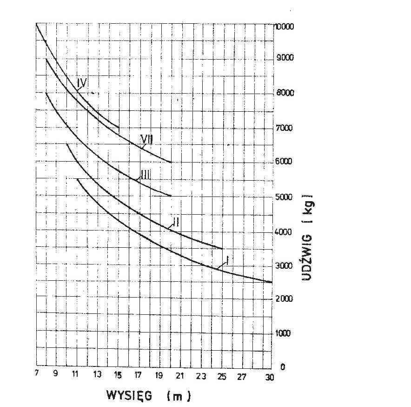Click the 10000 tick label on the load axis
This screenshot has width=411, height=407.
point(285,27)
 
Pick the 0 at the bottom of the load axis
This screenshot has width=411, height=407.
point(281,367)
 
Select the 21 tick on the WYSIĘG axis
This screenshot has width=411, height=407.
point(180,376)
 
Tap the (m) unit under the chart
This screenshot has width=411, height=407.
point(179,397)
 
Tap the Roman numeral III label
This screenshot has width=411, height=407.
point(145,175)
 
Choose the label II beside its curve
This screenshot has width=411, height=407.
point(175,222)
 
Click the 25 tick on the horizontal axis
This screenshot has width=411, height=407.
point(222,376)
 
